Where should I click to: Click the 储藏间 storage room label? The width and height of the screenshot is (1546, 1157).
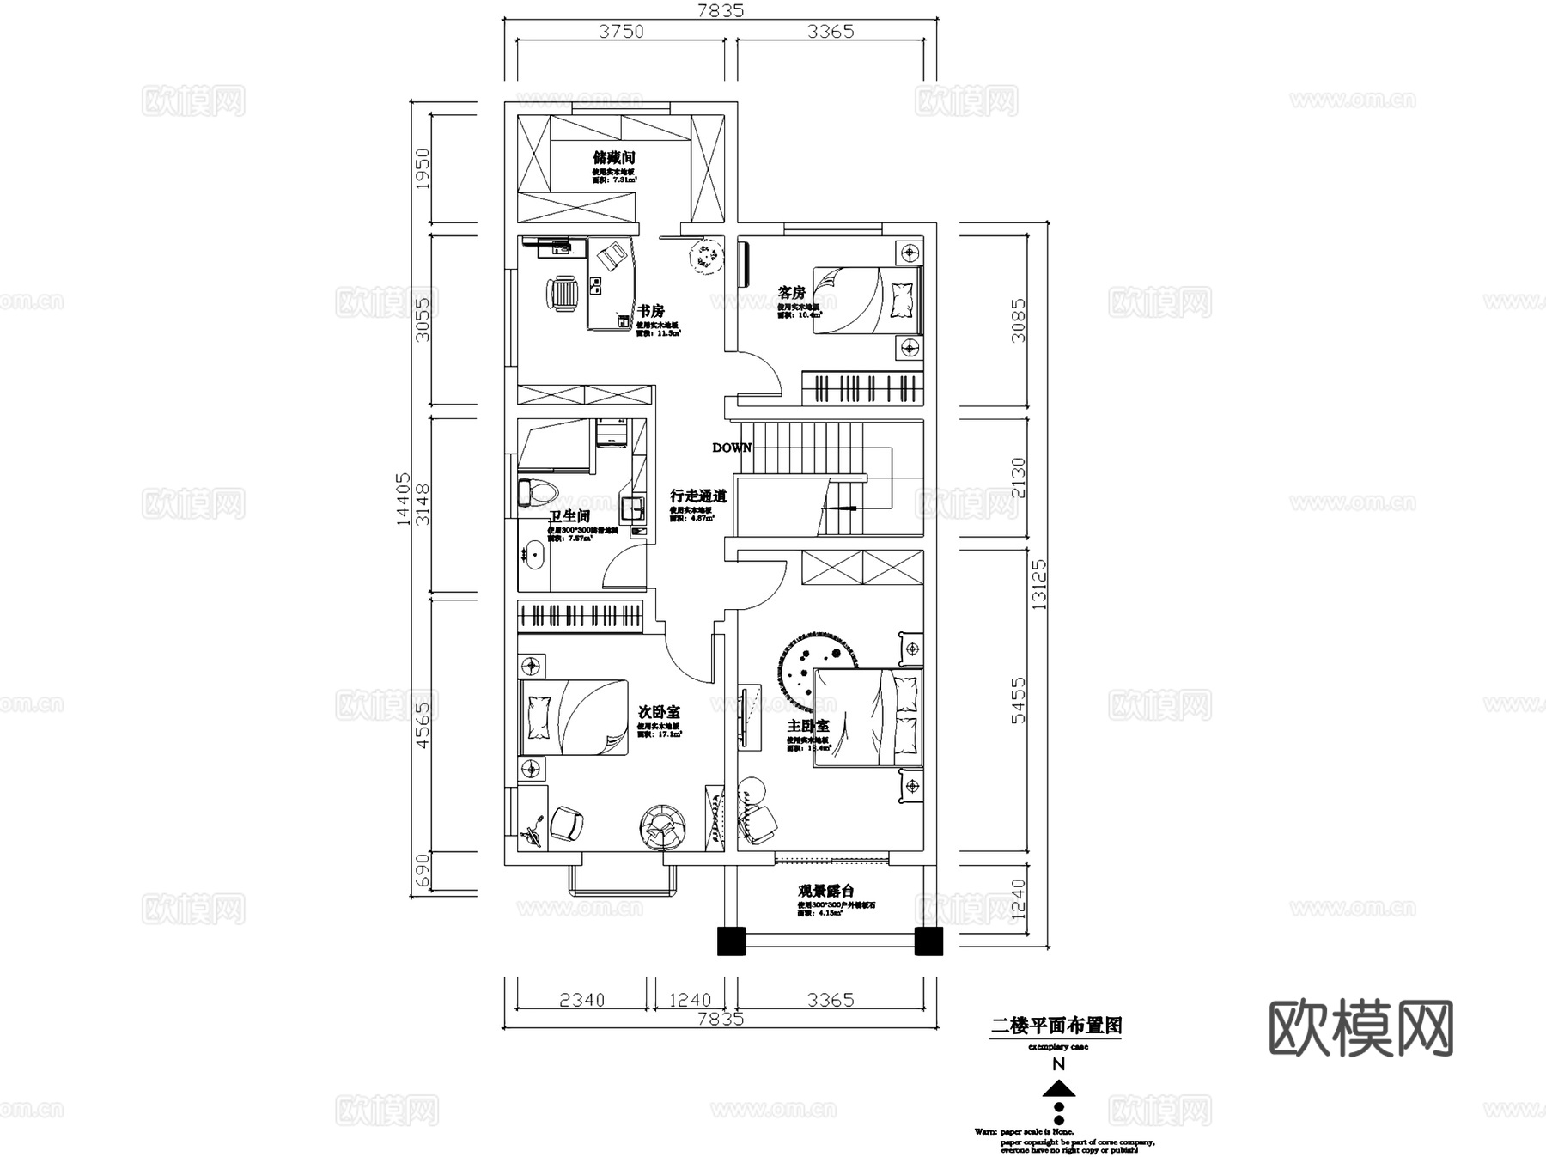coord(614,158)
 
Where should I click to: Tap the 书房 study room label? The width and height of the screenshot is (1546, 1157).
coord(650,311)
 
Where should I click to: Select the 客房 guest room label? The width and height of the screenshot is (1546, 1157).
coord(791,293)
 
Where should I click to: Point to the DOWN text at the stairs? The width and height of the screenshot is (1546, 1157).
coord(732,448)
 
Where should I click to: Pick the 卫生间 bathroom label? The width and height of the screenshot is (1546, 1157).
coord(569,516)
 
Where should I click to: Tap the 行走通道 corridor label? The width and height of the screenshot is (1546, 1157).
coord(698,496)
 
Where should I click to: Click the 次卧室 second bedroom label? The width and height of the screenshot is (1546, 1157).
coord(659,712)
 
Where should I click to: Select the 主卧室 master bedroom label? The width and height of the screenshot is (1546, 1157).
coord(808,727)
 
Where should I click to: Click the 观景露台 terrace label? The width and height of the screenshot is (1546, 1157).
coord(826,892)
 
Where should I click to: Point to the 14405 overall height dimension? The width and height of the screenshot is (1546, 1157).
coord(403,500)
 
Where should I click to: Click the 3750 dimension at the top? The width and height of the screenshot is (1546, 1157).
coord(620,32)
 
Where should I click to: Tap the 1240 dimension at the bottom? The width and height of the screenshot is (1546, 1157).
coord(690,1000)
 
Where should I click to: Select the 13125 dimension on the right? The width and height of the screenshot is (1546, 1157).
coord(1040,584)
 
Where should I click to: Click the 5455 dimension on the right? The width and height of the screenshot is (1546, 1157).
coord(1018,700)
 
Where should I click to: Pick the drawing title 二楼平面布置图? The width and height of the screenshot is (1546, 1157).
coord(1056,1026)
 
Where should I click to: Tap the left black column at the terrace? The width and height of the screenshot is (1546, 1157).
coord(731,941)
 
